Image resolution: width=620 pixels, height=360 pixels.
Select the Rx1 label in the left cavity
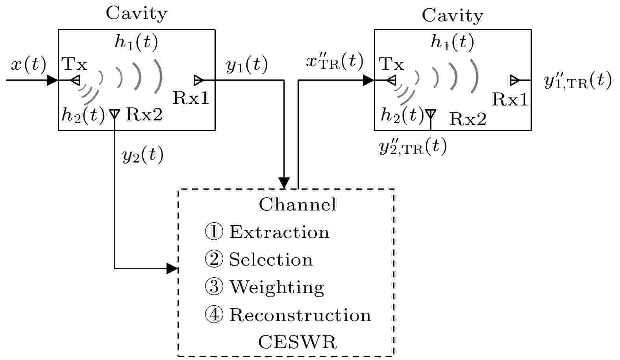tap(191, 98)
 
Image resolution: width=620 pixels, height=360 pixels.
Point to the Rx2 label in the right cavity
tap(468, 119)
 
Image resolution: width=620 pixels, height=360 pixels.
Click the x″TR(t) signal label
tap(335, 61)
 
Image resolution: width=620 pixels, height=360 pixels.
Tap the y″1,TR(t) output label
tap(577, 80)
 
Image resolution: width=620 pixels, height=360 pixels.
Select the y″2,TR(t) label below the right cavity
tap(413, 146)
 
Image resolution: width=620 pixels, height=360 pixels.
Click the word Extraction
tap(279, 232)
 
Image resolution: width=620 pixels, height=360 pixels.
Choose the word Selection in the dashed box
tap(271, 260)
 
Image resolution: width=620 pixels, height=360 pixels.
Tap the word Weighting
tap(277, 288)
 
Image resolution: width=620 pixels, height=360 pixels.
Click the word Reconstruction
tap(300, 315)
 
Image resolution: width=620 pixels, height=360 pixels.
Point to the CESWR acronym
tap(298, 342)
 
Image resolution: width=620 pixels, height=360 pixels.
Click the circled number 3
tap(214, 287)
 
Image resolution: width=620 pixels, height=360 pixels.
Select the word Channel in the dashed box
tap(298, 204)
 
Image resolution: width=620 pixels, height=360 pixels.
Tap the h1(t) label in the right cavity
tap(453, 42)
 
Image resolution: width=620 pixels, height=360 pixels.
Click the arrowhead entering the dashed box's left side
tap(172, 268)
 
